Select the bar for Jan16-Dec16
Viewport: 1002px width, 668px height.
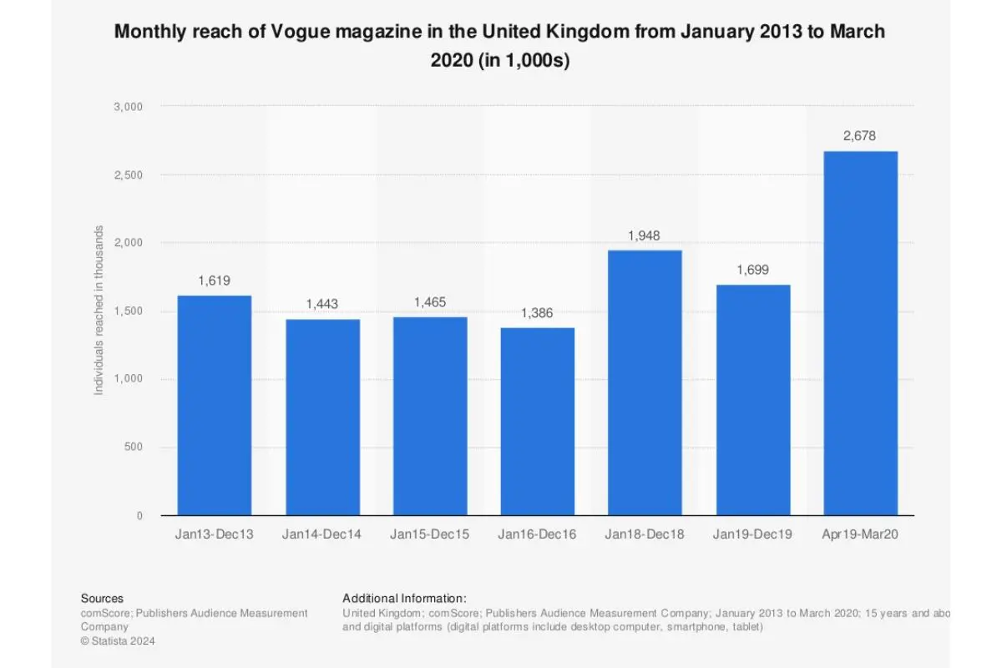(538, 421)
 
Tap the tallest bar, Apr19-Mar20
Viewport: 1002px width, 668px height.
(860, 333)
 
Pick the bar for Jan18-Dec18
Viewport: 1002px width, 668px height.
(645, 382)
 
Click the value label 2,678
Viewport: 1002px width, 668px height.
(860, 136)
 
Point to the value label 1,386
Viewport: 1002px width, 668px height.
(538, 313)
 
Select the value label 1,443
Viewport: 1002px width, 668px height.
(322, 305)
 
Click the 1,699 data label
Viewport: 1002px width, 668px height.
(752, 270)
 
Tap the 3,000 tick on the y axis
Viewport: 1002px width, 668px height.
(129, 107)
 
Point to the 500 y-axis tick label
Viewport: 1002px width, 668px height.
(134, 448)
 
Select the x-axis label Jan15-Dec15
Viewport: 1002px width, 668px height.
(430, 534)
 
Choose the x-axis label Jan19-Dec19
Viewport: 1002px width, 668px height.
(752, 534)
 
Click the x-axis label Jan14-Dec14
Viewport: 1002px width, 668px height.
(322, 534)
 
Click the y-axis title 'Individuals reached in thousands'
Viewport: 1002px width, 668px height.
(99, 311)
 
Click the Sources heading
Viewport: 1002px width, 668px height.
(102, 599)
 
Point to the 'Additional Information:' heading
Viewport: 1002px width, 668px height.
(404, 599)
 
